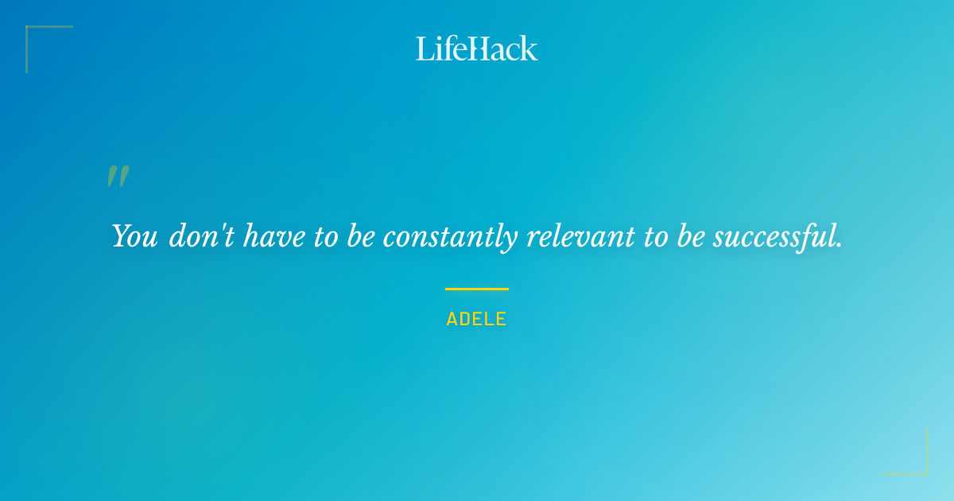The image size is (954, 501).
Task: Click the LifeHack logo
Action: point(477,49)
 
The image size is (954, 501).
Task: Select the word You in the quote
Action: point(134,236)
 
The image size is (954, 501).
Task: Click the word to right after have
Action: point(326,237)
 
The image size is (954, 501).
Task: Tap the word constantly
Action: point(451,237)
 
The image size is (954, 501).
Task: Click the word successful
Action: point(774,236)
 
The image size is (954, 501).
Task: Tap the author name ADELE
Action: point(476,320)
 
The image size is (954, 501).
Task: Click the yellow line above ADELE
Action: point(476,289)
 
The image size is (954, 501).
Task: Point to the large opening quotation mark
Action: point(118,177)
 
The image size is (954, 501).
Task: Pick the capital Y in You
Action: point(121,236)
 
